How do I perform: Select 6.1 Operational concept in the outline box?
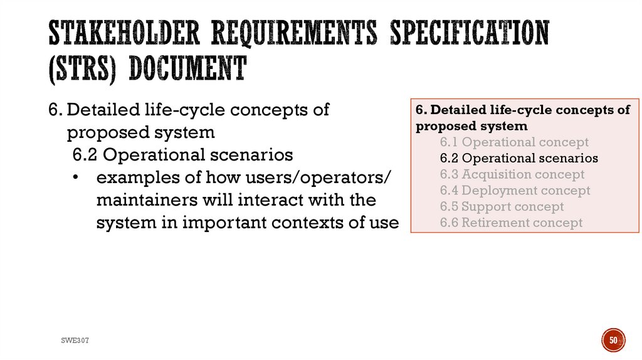click(x=514, y=142)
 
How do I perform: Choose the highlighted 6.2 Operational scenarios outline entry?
click(x=518, y=158)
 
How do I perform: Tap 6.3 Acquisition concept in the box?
click(x=512, y=174)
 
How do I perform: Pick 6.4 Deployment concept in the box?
click(x=515, y=190)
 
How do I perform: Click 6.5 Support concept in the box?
click(x=502, y=206)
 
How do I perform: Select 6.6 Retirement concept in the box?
click(x=511, y=223)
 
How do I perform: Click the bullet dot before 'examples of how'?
click(x=75, y=178)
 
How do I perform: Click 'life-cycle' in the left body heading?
click(x=187, y=110)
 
